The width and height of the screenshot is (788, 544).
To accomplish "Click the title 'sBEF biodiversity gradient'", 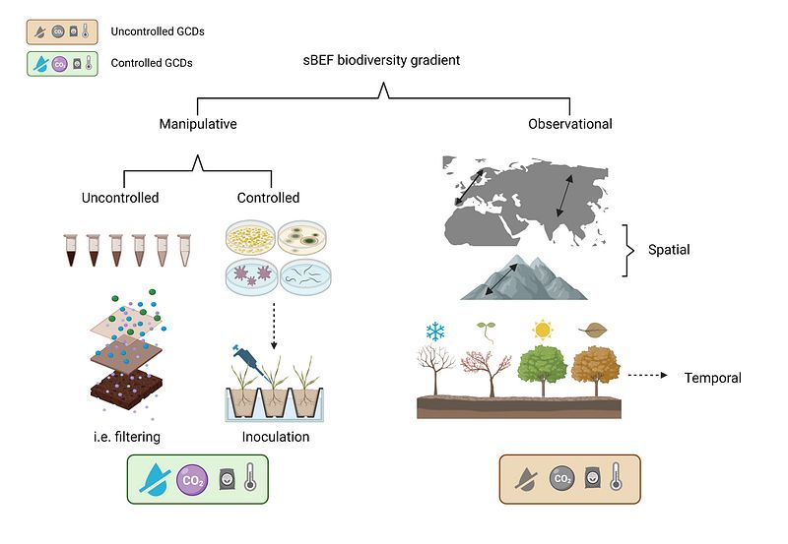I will click(x=381, y=61).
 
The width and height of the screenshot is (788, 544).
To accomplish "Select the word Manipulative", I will click(x=198, y=124).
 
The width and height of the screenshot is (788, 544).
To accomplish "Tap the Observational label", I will click(x=570, y=124).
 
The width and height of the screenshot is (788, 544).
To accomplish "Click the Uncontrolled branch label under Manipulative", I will click(x=120, y=198).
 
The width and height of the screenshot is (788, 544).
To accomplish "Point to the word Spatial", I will click(x=669, y=250).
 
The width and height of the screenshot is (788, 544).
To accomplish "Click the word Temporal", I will click(x=712, y=378).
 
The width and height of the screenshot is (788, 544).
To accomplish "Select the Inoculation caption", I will click(x=275, y=437).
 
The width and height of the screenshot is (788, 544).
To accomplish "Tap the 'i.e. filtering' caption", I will click(x=122, y=437).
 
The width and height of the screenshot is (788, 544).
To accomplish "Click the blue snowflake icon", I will click(x=434, y=332).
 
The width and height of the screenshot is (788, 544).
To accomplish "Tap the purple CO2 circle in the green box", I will click(x=191, y=480).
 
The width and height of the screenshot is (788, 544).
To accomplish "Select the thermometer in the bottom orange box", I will click(x=616, y=479).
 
